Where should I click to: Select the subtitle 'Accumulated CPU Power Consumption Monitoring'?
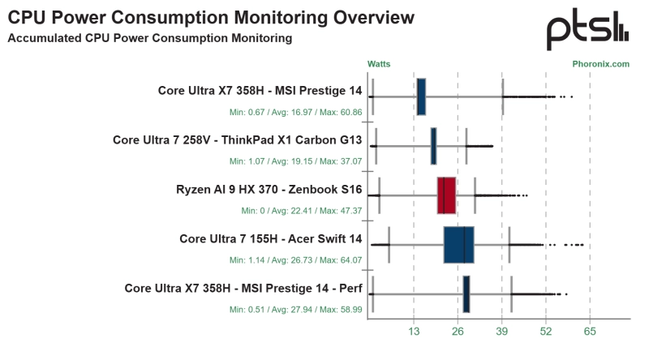(149, 38)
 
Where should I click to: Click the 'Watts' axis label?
(379, 63)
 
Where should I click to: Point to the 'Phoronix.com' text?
(600, 63)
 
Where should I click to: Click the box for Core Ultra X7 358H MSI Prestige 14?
(421, 96)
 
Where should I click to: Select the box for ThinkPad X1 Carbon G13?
(433, 146)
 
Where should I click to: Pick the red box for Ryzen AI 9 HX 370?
(446, 195)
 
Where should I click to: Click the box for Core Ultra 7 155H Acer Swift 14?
(458, 245)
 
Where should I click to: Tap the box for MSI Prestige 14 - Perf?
(466, 294)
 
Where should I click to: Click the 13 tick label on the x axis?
(414, 332)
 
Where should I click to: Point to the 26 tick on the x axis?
(458, 332)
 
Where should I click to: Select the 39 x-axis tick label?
(502, 332)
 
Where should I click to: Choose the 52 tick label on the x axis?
(546, 332)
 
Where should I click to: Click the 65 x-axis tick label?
(590, 332)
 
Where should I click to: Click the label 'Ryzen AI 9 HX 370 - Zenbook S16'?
(269, 191)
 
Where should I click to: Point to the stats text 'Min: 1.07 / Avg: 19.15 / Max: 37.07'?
(295, 161)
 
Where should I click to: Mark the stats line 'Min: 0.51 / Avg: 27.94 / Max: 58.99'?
(295, 309)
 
